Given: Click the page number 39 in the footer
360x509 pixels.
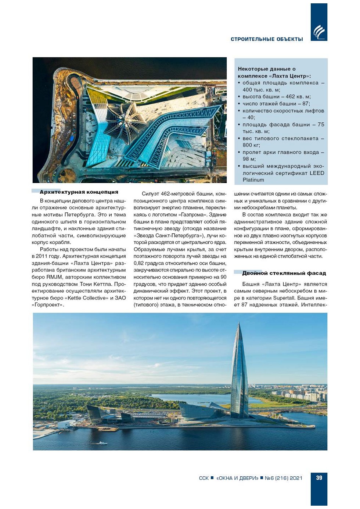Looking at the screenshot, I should (319, 478).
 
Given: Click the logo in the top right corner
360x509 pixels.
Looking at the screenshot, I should (319, 32).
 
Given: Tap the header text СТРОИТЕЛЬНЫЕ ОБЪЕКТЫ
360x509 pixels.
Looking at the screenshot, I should (267, 39).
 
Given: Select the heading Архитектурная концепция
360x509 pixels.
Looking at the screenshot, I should (79, 192).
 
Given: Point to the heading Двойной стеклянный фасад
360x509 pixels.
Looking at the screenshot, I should (284, 273).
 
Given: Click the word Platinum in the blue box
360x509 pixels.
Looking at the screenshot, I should (253, 180).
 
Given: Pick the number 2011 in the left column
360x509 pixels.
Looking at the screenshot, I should (42, 256).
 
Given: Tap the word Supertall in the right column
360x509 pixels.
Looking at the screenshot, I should (285, 298).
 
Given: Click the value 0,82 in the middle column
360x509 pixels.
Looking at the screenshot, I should (140, 263).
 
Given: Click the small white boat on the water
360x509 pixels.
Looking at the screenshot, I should (101, 443).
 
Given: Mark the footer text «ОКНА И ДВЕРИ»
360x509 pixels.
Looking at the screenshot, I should (237, 478).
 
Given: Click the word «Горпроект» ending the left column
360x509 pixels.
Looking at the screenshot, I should (48, 305).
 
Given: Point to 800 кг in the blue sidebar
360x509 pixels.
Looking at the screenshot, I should (251, 145).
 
